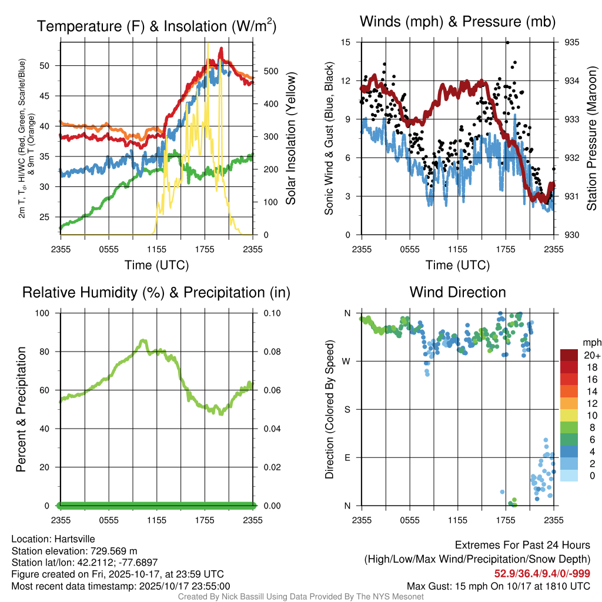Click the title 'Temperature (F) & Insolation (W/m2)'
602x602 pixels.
pos(156,26)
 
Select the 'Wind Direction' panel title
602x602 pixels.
pos(457,292)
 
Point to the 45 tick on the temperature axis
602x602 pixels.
pos(52,96)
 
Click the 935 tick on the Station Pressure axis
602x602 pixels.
pos(571,42)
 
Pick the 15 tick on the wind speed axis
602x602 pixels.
pos(346,42)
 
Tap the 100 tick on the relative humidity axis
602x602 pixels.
pos(47,313)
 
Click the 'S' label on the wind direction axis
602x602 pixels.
pos(347,409)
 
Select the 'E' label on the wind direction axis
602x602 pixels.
pos(347,457)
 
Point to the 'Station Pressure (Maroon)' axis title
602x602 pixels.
pos(591,138)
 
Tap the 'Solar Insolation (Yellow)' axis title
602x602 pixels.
pos(290,139)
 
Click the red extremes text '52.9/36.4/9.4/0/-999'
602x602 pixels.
pos(542,573)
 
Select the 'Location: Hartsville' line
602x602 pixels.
pos(53,539)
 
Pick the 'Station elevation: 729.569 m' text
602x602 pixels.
pos(74,551)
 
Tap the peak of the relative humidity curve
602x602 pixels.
pos(143,341)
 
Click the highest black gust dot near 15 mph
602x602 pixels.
pos(507,42)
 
